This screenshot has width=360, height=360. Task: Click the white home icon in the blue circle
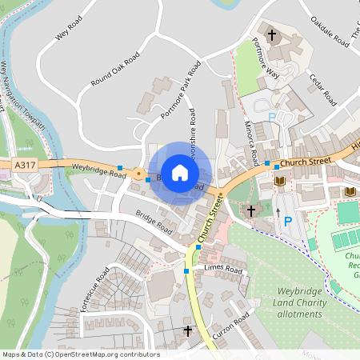[x=180, y=172]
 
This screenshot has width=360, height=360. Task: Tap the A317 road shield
[x=25, y=164]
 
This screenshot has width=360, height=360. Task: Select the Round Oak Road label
[x=115, y=70]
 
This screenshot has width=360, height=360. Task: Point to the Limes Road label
[x=223, y=270]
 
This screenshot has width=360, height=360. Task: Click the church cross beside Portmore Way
[x=272, y=35]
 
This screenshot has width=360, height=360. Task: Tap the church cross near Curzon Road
[x=189, y=330]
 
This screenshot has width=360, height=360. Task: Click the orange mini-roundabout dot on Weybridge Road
[x=138, y=173]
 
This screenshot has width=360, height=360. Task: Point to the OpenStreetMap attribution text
[x=81, y=354]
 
